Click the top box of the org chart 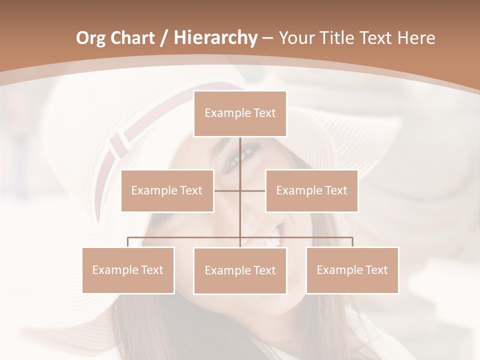click(240, 113)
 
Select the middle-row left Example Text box click(167, 190)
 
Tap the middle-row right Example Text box click(311, 190)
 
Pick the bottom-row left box click(128, 270)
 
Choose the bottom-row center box click(240, 270)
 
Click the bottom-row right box click(352, 270)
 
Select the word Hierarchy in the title click(215, 38)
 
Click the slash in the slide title click(163, 38)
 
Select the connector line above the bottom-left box click(128, 241)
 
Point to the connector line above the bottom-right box click(352, 241)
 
